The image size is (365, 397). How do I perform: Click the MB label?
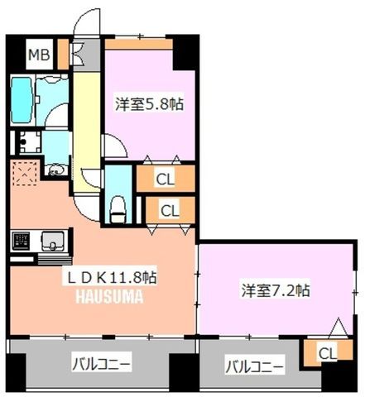[x=39, y=55]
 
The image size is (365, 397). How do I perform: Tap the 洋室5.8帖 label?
[x=149, y=104]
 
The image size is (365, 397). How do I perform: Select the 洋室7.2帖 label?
[x=276, y=290]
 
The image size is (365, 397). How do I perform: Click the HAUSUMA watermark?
[x=109, y=297]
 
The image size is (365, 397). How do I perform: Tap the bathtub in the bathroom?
[x=22, y=100]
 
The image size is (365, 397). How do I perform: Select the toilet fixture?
[x=118, y=208]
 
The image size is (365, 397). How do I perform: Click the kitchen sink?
[x=53, y=241]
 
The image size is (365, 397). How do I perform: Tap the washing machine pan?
[x=30, y=142]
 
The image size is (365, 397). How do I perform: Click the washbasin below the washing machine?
[x=57, y=170]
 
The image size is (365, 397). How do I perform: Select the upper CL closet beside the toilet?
[x=166, y=179]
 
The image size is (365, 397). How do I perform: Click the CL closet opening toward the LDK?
[x=170, y=210]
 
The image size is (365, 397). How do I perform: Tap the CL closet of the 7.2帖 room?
[x=328, y=353]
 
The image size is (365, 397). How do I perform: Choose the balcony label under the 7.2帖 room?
[x=255, y=367]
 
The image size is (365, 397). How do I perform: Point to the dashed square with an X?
[x=25, y=174]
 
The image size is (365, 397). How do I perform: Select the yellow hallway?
[x=87, y=132]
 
